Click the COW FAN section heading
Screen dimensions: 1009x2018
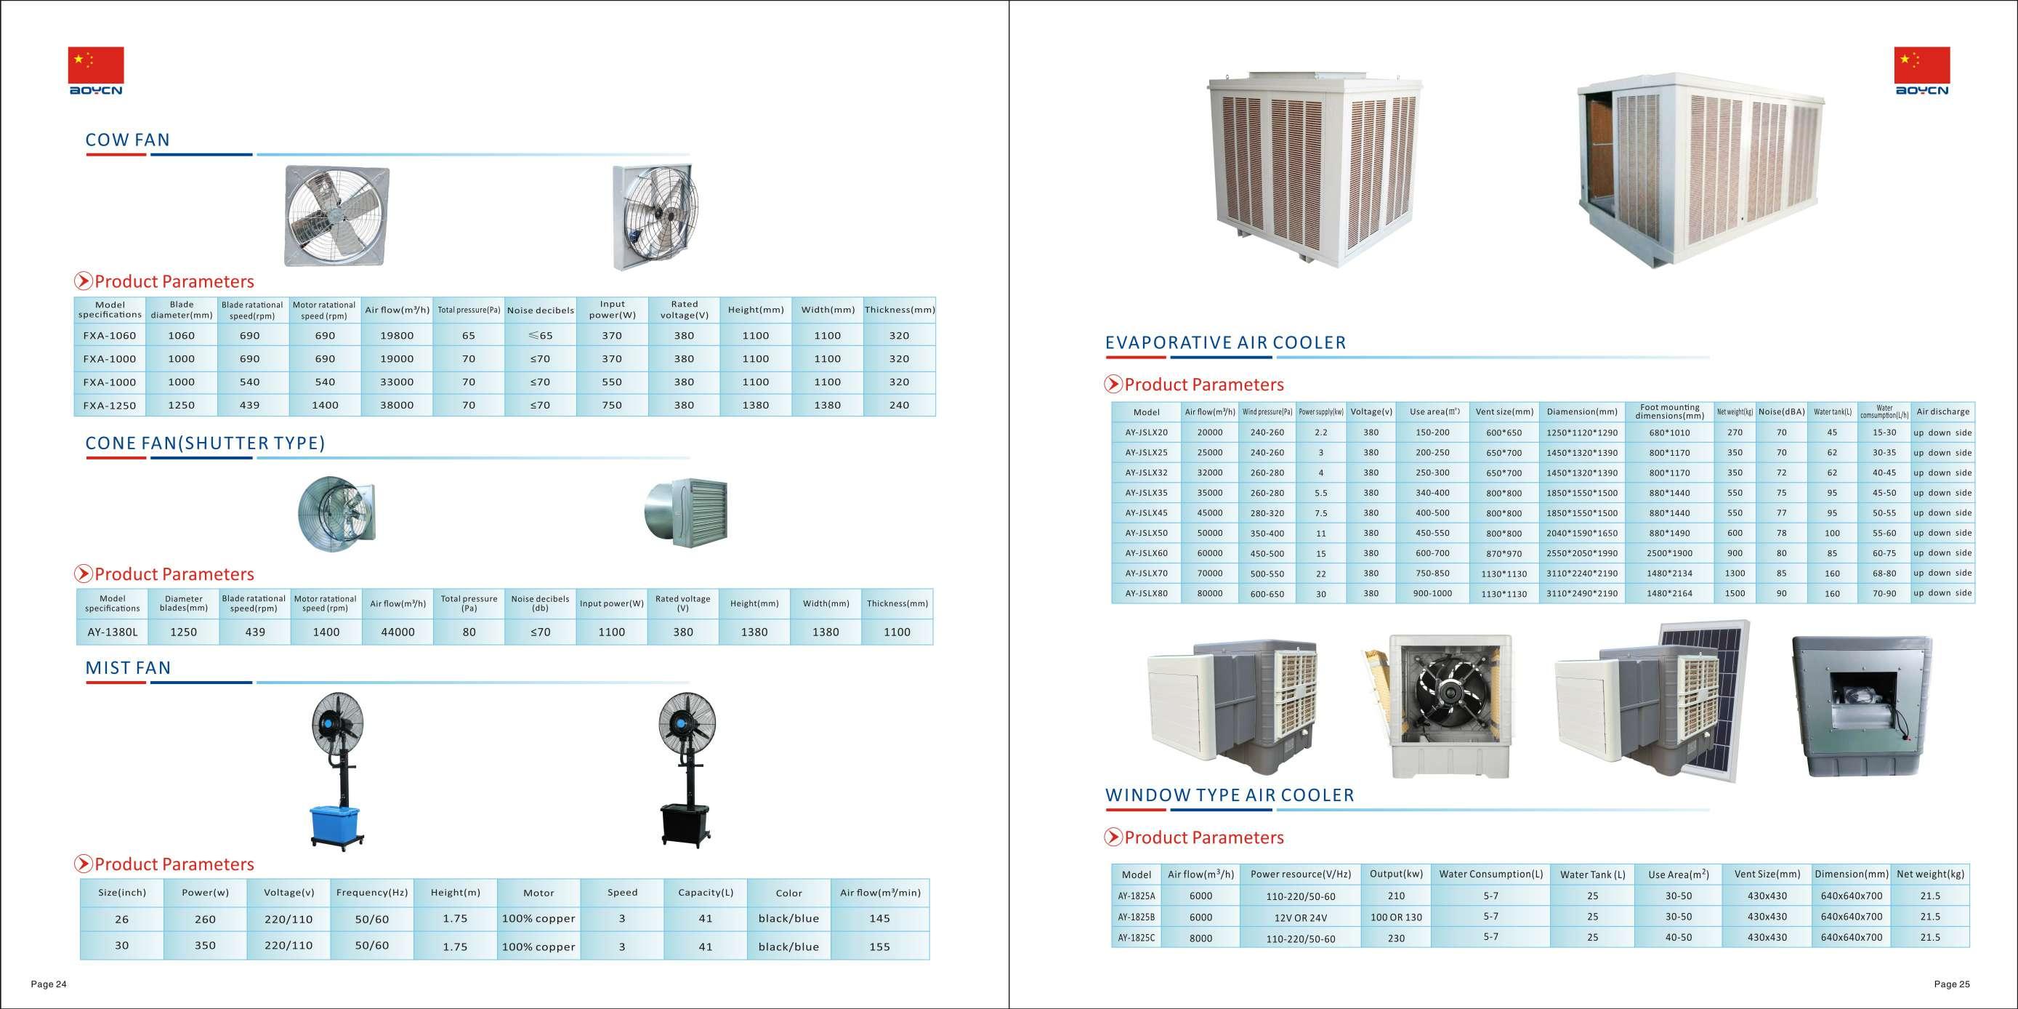coord(127,140)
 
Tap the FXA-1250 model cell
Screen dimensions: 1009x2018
coord(110,406)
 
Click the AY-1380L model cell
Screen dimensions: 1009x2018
coord(112,632)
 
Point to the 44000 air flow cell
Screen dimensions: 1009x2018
coord(397,632)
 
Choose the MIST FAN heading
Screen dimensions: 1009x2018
coord(128,668)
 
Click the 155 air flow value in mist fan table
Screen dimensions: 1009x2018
coord(879,946)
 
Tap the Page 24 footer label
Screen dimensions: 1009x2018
coord(49,985)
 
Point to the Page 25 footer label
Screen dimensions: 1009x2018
coord(1951,985)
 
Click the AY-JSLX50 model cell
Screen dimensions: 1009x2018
coord(1146,534)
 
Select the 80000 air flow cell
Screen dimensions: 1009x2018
coord(1209,594)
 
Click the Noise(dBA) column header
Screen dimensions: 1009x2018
coord(1780,412)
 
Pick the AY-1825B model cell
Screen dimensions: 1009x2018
coord(1136,917)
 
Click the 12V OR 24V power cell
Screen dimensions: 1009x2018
coord(1301,917)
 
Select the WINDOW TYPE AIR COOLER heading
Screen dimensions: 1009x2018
coord(1229,795)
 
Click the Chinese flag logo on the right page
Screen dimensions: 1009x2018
coord(1921,65)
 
